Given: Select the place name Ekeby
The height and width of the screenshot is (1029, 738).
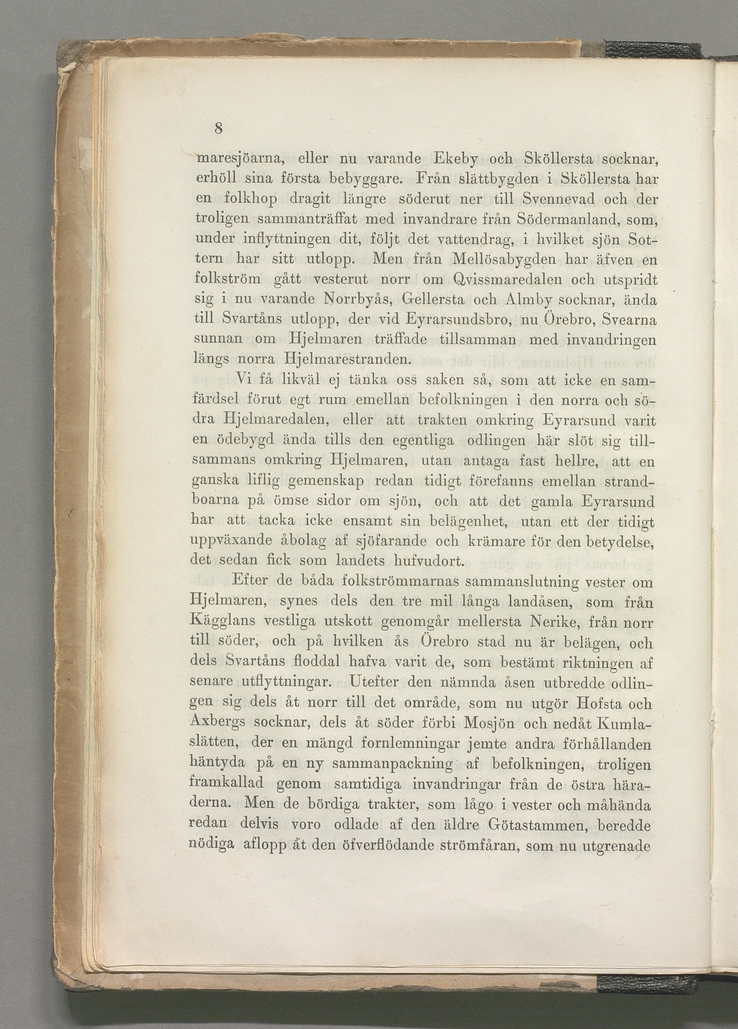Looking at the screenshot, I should (x=466, y=159).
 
